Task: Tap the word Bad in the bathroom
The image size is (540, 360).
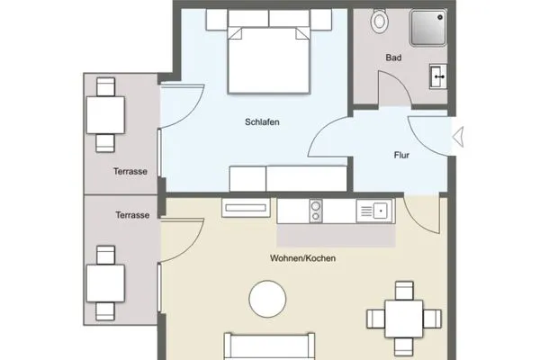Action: click(x=393, y=58)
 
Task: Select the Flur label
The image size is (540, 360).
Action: click(x=402, y=155)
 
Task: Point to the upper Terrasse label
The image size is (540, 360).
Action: click(x=130, y=171)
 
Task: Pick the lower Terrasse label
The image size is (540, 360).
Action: click(x=131, y=216)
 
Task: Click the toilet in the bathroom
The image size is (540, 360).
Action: click(x=380, y=19)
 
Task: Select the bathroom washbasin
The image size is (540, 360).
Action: click(x=438, y=77)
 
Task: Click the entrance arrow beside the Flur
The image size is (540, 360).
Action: click(x=457, y=138)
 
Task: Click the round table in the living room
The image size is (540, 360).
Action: click(x=269, y=299)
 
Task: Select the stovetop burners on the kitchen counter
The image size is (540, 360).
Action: click(x=316, y=211)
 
